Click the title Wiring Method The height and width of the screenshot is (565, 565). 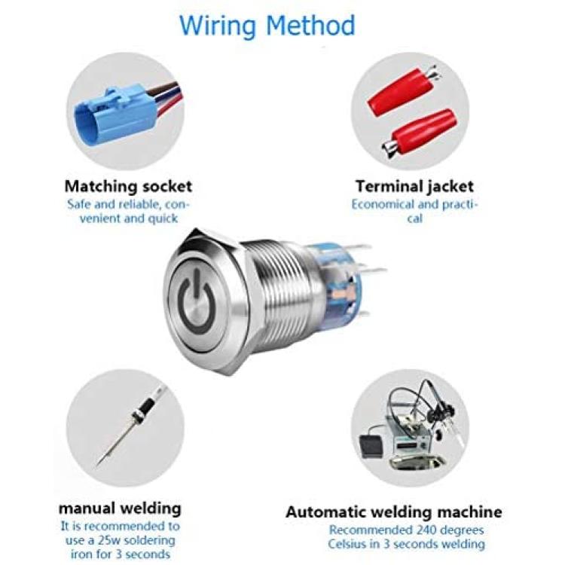click(x=267, y=26)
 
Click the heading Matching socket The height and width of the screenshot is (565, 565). click(x=128, y=186)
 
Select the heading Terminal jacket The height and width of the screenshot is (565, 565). click(x=414, y=186)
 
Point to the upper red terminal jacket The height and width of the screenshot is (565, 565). click(x=403, y=91)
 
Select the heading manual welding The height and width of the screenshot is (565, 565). click(x=120, y=508)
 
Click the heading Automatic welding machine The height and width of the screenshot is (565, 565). click(x=394, y=512)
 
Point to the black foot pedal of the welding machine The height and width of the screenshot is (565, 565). click(x=371, y=445)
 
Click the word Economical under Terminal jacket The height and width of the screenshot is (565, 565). click(x=383, y=204)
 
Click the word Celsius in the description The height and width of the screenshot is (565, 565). click(x=348, y=544)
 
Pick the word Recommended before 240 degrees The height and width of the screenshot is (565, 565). click(x=370, y=530)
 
